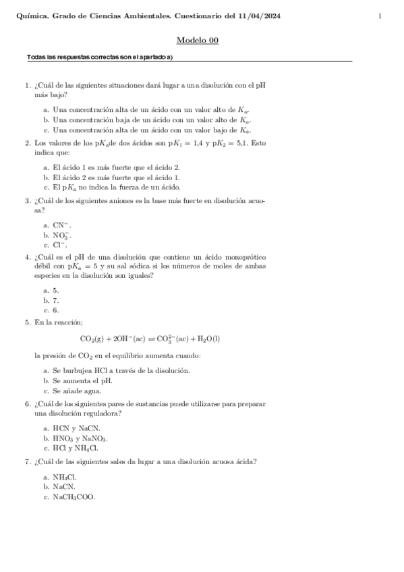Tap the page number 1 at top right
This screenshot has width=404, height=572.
pos(380,16)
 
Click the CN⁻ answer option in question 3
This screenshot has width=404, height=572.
pos(61,225)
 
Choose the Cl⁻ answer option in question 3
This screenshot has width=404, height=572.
pos(61,245)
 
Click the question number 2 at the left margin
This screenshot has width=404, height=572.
pos(27,143)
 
